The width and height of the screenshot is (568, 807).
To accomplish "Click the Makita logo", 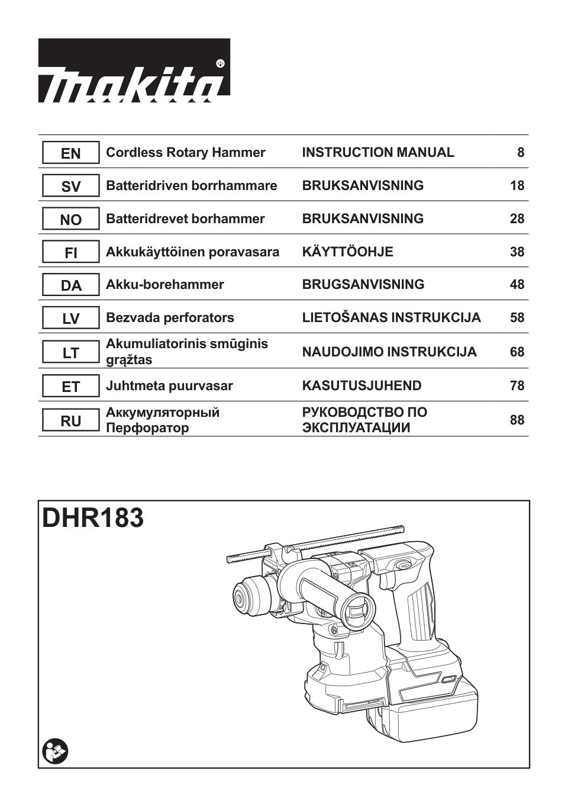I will pos(134,70).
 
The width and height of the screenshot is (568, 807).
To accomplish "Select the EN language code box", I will pos(70,153).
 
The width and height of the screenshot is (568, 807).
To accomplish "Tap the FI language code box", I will pos(70,253).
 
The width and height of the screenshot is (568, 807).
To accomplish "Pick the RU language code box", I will pos(70,421).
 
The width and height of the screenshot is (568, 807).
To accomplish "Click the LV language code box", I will pos(70,319).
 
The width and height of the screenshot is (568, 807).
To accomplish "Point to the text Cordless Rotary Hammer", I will pos(185,153).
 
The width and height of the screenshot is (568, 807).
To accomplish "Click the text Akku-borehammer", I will pos(164,285).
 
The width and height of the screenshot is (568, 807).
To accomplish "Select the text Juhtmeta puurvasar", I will pos(169,386).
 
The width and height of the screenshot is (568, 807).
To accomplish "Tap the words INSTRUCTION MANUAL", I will pos(378,153).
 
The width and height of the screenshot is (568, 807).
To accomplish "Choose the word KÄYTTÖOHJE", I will pos(347,252).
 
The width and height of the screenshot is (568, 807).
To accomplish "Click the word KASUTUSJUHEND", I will pos(362,386).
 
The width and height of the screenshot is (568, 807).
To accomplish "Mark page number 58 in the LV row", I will pos(517,318).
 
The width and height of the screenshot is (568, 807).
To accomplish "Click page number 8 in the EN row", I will pos(521,153).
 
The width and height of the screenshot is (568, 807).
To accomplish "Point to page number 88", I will pos(517,420).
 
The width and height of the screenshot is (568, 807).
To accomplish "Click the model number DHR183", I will pos(93,518).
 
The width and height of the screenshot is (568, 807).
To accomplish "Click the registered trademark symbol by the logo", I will pos(220,62).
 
